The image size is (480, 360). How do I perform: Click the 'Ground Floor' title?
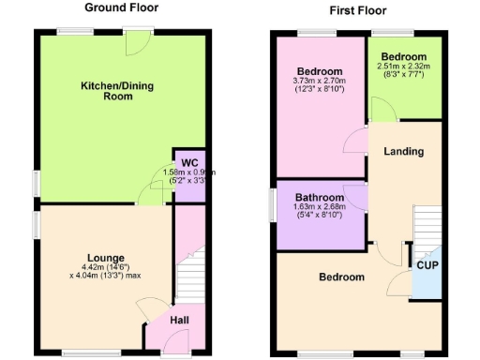[x=122, y=8]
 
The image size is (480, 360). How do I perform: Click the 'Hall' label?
[x=179, y=321]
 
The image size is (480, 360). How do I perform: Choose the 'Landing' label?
[x=404, y=151]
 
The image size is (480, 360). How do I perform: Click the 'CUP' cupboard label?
[x=427, y=265]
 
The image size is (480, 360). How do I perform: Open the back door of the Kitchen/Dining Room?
[x=139, y=41]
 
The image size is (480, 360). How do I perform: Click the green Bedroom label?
[x=404, y=56]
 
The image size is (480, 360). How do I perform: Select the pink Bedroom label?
[x=320, y=72]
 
